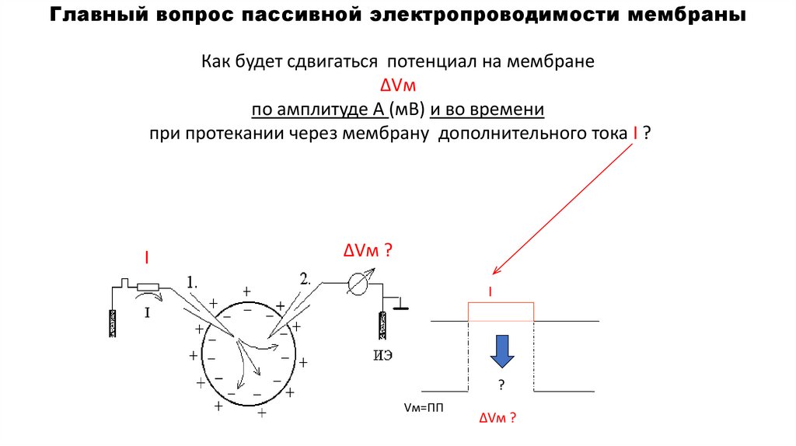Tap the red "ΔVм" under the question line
[397, 85]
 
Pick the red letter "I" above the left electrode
[145, 256]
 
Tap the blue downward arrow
[501, 351]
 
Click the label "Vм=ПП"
[424, 408]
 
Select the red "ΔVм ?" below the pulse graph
[497, 418]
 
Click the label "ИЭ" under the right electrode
[382, 357]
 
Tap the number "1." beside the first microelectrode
[193, 280]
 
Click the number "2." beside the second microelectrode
[305, 277]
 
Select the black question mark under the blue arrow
[501, 385]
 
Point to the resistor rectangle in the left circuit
[148, 287]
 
